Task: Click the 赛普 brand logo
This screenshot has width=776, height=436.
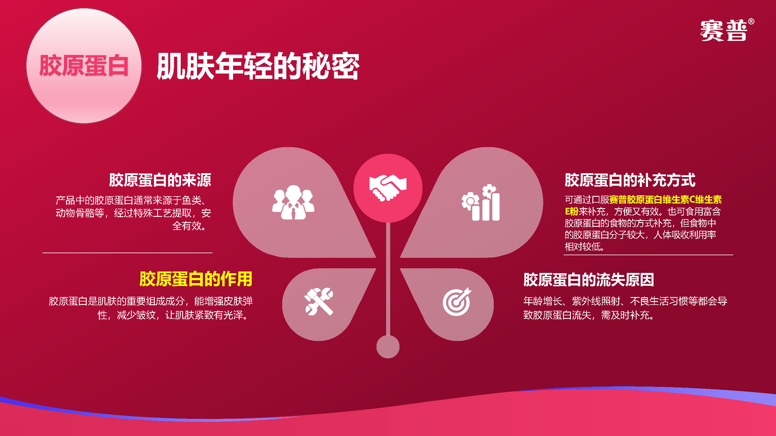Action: pyautogui.click(x=724, y=31)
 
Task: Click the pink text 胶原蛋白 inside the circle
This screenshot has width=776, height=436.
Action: pyautogui.click(x=84, y=65)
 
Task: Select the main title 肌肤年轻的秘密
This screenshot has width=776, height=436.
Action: pyautogui.click(x=258, y=66)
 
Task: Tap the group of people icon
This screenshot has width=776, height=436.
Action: pyautogui.click(x=293, y=202)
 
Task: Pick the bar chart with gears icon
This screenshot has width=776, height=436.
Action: pyautogui.click(x=481, y=202)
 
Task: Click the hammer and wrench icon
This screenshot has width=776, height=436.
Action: pyautogui.click(x=319, y=301)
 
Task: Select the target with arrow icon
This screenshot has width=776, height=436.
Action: pyautogui.click(x=457, y=301)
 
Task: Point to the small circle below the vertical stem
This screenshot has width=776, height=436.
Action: pyautogui.click(x=388, y=347)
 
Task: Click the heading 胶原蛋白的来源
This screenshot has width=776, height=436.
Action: pyautogui.click(x=160, y=180)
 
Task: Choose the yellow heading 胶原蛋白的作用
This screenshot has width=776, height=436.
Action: pyautogui.click(x=196, y=279)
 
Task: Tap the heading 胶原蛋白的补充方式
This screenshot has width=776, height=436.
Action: pyautogui.click(x=630, y=180)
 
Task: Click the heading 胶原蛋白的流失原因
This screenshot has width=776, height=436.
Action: pyautogui.click(x=589, y=280)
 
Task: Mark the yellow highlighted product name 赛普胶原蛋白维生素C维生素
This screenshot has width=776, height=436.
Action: pyautogui.click(x=665, y=199)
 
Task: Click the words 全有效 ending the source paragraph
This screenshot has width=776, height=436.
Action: pyautogui.click(x=187, y=226)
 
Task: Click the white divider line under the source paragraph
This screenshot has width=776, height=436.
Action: pyautogui.click(x=127, y=253)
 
